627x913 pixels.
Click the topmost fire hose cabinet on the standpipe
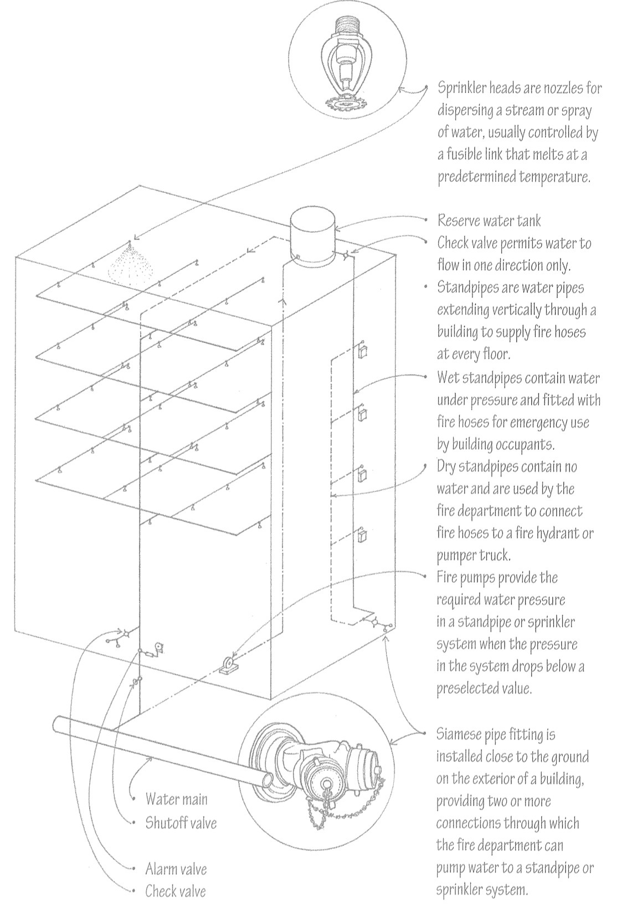(364, 351)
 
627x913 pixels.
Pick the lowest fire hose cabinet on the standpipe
(363, 535)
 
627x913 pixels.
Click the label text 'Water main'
(177, 799)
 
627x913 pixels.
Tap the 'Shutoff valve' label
(181, 823)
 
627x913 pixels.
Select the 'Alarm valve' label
(176, 868)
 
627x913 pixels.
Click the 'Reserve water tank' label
(489, 220)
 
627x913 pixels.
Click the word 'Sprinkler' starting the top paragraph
(462, 88)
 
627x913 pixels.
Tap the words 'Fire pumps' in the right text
(465, 578)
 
